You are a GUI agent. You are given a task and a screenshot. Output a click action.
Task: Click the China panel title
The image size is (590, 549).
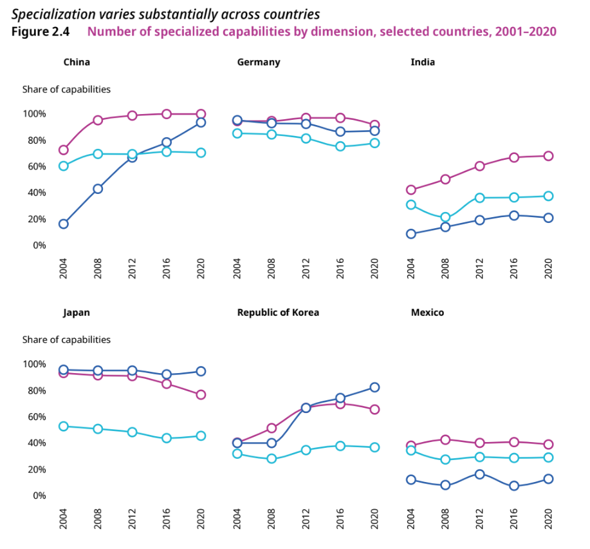coord(77,63)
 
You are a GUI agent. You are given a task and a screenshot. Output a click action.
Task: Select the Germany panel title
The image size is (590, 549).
coord(259,63)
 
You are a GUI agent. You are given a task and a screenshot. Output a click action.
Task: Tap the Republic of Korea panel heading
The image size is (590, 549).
coord(278,313)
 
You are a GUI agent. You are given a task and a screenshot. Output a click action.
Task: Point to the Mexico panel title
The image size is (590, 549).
coord(427,313)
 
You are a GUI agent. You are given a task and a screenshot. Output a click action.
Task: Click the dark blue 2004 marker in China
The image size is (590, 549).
coord(64,224)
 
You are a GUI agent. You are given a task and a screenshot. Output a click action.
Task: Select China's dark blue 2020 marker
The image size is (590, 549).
coord(201,122)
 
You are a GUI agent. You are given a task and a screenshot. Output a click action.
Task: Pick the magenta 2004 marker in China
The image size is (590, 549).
coord(64,150)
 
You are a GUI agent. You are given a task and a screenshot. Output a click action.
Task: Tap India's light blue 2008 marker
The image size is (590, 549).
coord(445,217)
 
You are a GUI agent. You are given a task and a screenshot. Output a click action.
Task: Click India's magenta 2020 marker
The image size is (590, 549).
coord(548,156)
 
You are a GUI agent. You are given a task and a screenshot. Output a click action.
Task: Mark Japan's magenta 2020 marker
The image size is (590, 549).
coord(201,394)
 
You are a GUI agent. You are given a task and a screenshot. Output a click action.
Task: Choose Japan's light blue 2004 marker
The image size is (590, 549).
coord(64,426)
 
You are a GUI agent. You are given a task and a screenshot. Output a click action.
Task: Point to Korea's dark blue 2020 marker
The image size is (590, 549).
coord(374,387)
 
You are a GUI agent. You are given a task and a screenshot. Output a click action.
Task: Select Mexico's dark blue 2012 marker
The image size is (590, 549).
coord(479,474)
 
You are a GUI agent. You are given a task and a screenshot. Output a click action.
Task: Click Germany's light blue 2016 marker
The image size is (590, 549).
coord(340,146)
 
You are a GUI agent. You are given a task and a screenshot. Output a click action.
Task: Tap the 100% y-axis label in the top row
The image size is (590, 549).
coord(34,114)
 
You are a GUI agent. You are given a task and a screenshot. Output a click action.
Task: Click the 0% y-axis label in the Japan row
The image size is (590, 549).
coord(39,496)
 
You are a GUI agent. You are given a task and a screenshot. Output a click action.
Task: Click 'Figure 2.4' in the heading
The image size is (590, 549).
coord(40,31)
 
